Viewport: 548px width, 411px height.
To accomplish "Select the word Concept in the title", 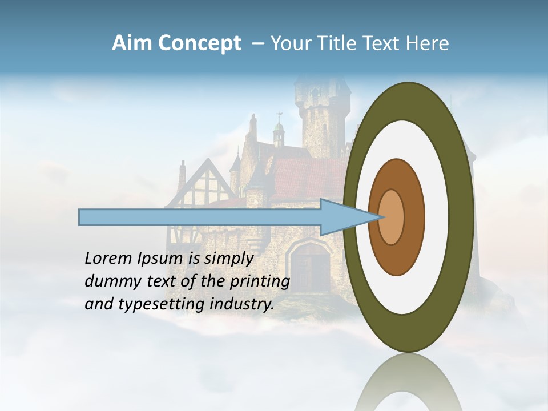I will [x=198, y=44].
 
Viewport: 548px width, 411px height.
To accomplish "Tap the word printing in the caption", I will [x=260, y=282].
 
